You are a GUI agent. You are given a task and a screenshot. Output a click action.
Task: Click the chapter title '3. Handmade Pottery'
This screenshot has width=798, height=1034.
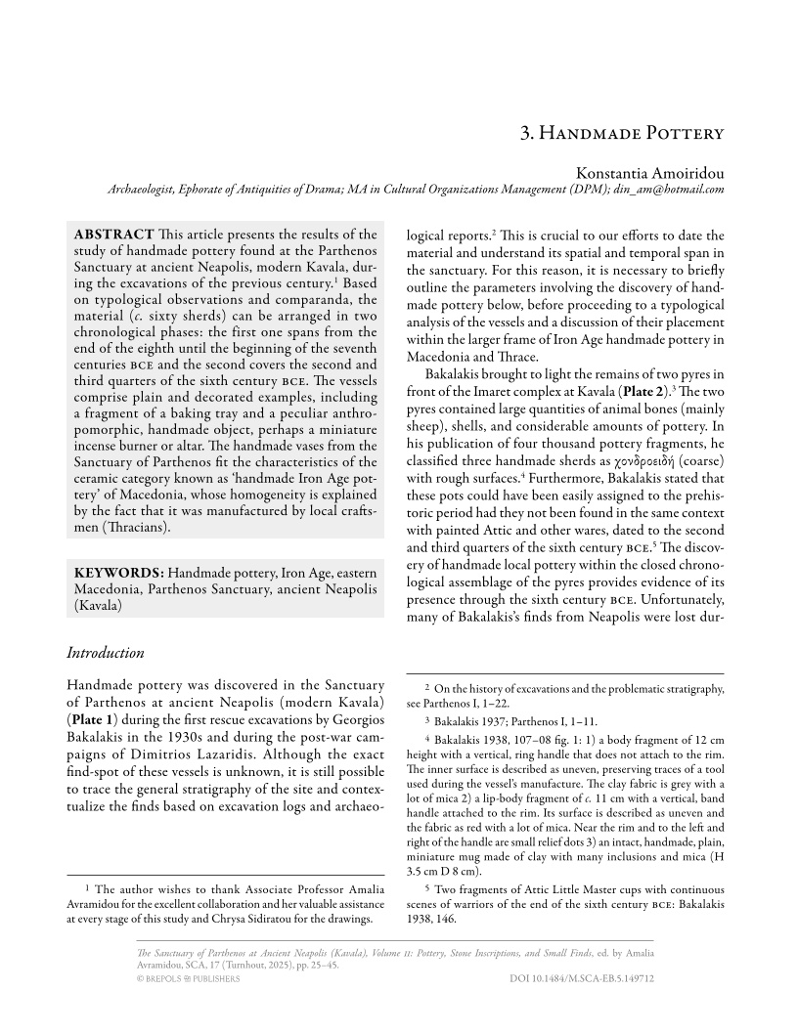click(x=621, y=133)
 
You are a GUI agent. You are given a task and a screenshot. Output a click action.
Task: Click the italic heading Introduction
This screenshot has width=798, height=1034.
click(x=105, y=652)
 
